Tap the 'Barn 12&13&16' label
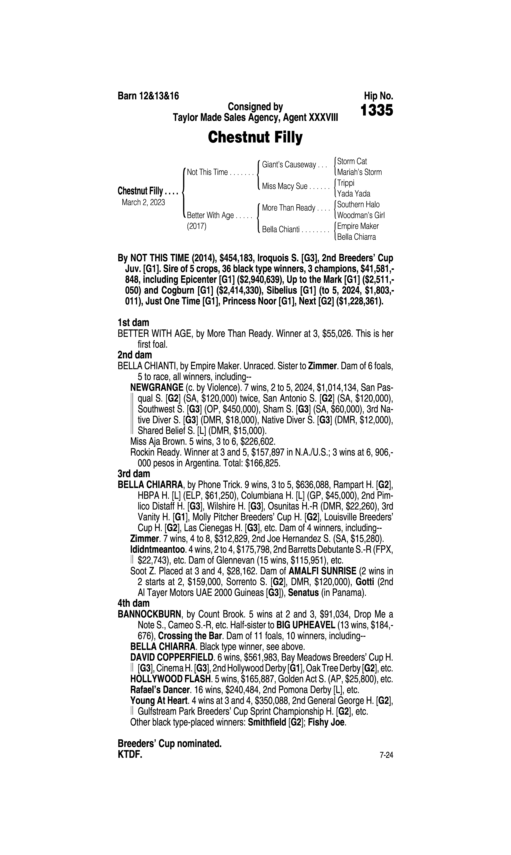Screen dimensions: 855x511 (148, 96)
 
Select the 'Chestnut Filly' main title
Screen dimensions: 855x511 (255, 137)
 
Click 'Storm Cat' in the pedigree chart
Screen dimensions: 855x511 (352, 161)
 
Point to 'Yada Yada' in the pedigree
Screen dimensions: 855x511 (354, 194)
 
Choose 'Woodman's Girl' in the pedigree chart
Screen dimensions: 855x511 (361, 215)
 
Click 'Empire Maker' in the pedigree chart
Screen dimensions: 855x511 (358, 226)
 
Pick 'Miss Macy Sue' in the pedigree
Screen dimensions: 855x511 (284, 186)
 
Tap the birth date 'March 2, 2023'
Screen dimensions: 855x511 (143, 202)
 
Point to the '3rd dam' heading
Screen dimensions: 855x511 (134, 474)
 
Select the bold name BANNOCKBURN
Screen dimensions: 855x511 (149, 614)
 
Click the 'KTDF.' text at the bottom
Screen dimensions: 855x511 (130, 755)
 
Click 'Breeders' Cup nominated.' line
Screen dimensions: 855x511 (169, 744)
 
